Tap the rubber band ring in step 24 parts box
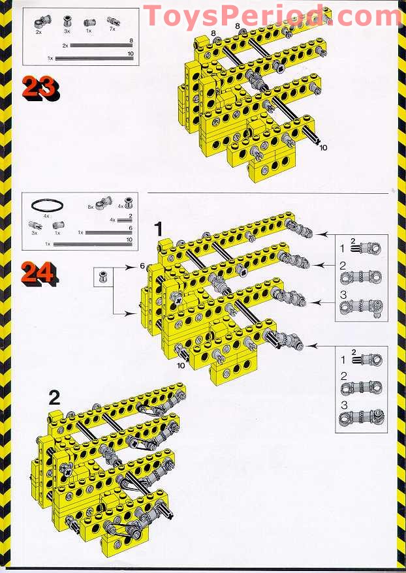pos(46,204)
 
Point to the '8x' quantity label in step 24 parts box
pos(90,207)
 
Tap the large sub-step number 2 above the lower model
pos(54,397)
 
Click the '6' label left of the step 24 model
pos(142,266)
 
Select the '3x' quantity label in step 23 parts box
pos(67,31)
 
